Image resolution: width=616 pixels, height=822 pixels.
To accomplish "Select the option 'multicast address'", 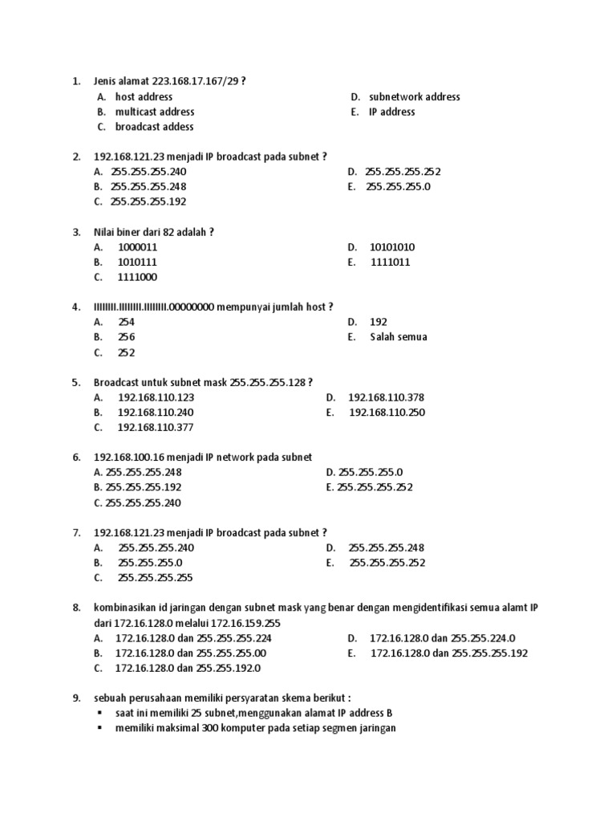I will tap(154, 112).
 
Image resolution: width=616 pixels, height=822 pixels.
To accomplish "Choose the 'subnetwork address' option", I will tap(414, 96).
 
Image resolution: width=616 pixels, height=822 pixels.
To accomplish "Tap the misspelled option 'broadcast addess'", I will tap(154, 127).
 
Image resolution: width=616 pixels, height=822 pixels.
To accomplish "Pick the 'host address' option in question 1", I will tap(144, 96).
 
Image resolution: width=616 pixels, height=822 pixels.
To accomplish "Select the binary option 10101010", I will tap(392, 247).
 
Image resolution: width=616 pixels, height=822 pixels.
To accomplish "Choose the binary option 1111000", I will tap(137, 277).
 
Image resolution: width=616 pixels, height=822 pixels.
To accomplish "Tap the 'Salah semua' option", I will tap(398, 337).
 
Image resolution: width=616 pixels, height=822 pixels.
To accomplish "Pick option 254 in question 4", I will tap(126, 322).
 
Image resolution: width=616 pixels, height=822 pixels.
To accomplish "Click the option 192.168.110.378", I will tap(386, 397).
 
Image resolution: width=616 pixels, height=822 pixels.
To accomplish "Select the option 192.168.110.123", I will tap(156, 397).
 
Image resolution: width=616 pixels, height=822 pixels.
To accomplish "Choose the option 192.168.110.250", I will tap(387, 413).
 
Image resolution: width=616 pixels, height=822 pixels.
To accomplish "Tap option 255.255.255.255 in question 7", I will tap(156, 577).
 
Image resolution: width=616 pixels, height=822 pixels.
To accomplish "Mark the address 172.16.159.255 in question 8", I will tap(243, 623).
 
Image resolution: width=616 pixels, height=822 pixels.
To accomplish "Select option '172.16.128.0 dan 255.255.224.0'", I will tap(442, 638).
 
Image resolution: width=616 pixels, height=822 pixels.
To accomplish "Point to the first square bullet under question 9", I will tap(99, 713).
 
